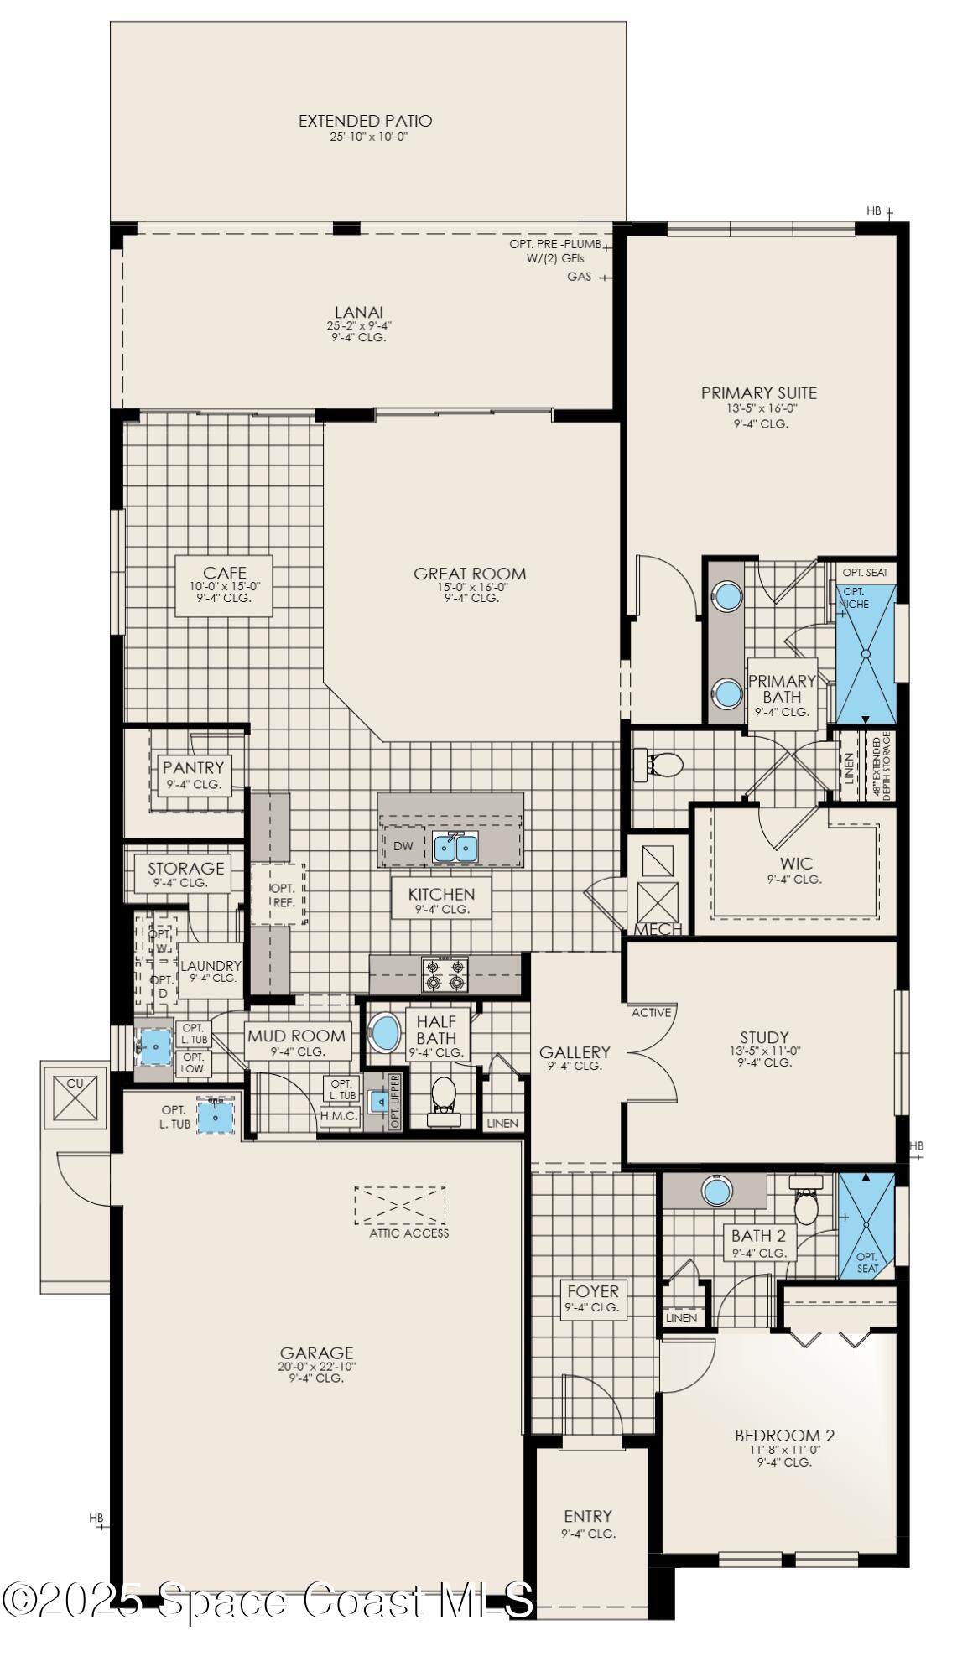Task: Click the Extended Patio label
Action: pyautogui.click(x=365, y=121)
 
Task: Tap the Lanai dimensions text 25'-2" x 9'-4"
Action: pyautogui.click(x=359, y=325)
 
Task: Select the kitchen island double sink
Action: pyautogui.click(x=455, y=848)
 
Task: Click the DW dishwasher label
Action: pyautogui.click(x=403, y=846)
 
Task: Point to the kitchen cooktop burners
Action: pyautogui.click(x=445, y=974)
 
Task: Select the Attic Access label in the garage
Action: pyautogui.click(x=408, y=1233)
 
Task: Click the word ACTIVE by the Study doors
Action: pyautogui.click(x=651, y=1012)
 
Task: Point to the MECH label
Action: pyautogui.click(x=658, y=929)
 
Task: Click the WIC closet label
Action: pyautogui.click(x=794, y=864)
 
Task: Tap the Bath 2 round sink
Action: pyautogui.click(x=715, y=1191)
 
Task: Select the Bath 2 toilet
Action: pyautogui.click(x=806, y=1205)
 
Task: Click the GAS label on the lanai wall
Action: pyautogui.click(x=579, y=277)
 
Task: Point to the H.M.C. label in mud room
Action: pyautogui.click(x=339, y=1116)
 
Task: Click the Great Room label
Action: pyautogui.click(x=470, y=574)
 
